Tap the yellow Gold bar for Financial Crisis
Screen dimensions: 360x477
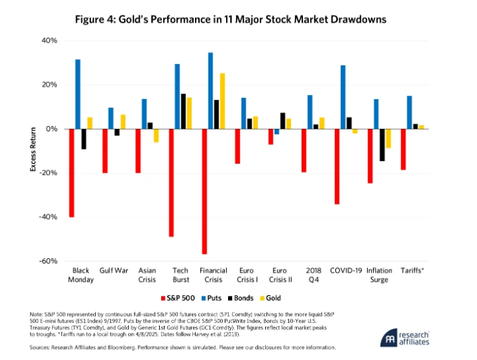click(x=223, y=101)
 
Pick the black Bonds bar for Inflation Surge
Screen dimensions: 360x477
click(x=382, y=145)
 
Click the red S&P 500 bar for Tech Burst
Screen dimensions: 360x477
click(x=171, y=183)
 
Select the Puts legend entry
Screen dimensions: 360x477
click(x=208, y=297)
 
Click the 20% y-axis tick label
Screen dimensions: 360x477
click(x=50, y=85)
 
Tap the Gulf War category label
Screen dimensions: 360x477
click(x=114, y=271)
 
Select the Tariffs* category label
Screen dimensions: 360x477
click(x=412, y=271)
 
